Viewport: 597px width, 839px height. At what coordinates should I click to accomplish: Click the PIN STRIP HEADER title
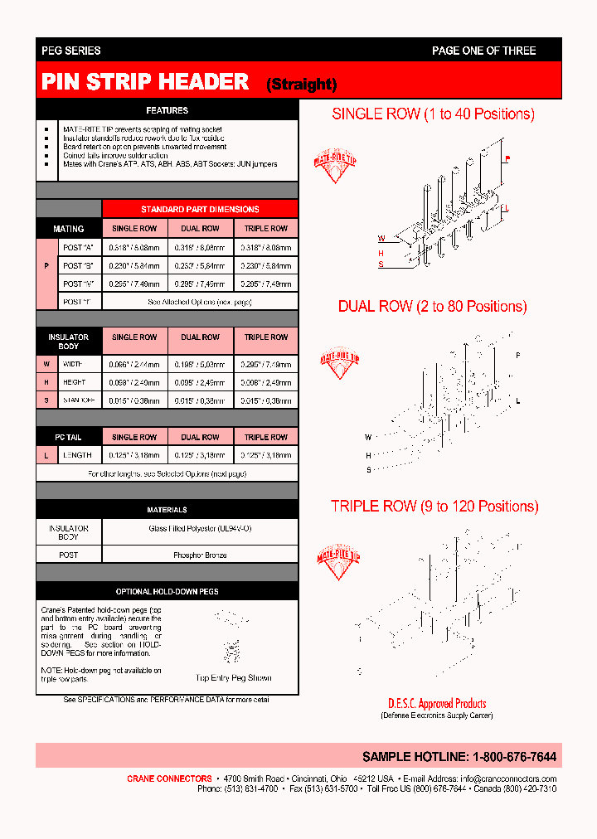click(x=146, y=81)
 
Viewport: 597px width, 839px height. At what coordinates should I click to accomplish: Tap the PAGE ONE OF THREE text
click(x=483, y=51)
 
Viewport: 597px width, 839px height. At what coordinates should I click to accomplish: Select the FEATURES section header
click(x=167, y=110)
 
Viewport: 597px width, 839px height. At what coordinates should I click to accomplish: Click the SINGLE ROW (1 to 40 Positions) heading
click(x=433, y=114)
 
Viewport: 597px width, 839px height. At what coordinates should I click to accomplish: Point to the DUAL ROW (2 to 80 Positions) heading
click(x=432, y=307)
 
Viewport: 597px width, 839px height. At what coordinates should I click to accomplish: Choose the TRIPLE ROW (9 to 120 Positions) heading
click(x=434, y=506)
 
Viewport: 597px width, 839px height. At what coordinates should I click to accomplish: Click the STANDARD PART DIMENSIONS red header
click(x=200, y=210)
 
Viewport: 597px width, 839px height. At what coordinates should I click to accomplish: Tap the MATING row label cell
click(x=69, y=229)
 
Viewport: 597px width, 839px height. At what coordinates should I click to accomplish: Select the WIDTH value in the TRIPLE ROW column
click(x=265, y=365)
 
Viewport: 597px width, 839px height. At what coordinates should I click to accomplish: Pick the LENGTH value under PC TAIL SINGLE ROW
click(x=134, y=455)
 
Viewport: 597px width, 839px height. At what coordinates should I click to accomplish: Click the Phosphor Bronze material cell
click(x=200, y=555)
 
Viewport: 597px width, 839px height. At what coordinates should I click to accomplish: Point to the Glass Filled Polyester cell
click(x=200, y=528)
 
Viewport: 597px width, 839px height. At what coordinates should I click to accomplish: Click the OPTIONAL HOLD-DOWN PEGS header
click(x=167, y=592)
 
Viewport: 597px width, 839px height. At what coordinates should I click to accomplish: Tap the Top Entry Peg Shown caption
click(x=233, y=678)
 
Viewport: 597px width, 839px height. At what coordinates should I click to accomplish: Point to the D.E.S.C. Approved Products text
click(x=436, y=704)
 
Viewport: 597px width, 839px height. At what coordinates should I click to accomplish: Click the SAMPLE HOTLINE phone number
click(x=514, y=757)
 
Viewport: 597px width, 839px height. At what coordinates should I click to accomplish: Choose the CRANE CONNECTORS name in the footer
click(x=169, y=778)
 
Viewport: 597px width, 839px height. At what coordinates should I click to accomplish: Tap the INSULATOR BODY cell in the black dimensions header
click(x=69, y=342)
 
